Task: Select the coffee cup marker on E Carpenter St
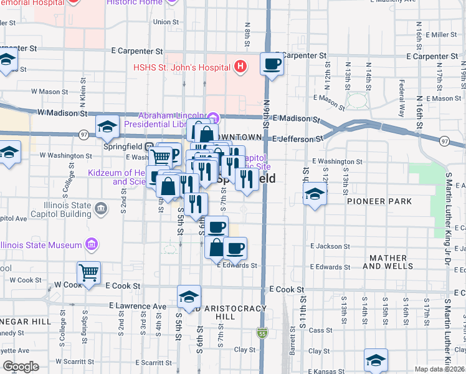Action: click(272, 64)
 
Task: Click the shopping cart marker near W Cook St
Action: click(88, 272)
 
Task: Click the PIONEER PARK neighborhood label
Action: click(379, 201)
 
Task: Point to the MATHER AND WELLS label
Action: click(391, 262)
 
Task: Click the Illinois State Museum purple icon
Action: click(91, 244)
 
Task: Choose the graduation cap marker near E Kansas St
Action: click(376, 360)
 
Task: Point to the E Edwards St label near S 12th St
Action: click(326, 267)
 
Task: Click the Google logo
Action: click(21, 367)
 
